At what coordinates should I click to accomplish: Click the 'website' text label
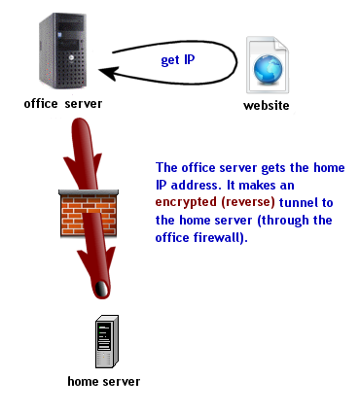pos(268,105)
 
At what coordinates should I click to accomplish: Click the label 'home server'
pos(104,381)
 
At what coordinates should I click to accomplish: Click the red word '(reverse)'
pos(251,202)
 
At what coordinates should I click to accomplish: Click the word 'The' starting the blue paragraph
pos(168,167)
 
